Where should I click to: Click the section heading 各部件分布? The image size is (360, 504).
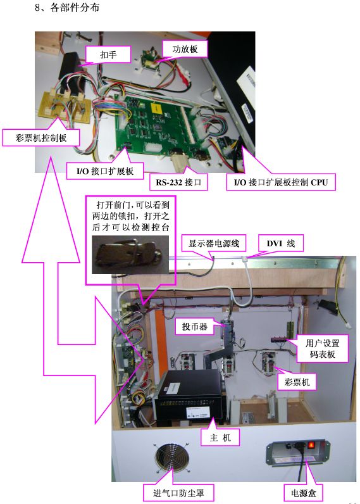(x=75, y=8)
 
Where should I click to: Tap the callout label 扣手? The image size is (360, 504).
(x=108, y=54)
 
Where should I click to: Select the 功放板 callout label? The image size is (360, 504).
(x=185, y=49)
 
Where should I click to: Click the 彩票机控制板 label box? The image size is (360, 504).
(x=40, y=138)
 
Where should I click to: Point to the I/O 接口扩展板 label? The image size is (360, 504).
(x=105, y=171)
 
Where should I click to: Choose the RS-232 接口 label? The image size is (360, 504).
(x=178, y=182)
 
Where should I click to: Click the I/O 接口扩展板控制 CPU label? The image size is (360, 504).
(x=281, y=182)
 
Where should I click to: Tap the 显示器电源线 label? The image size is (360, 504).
(x=214, y=243)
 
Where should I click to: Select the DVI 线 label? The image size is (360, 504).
(x=281, y=243)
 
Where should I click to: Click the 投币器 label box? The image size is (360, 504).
(x=195, y=327)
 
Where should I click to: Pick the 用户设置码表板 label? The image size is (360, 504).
(x=323, y=349)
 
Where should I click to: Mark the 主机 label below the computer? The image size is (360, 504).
(x=220, y=438)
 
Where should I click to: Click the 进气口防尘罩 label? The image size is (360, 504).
(x=178, y=493)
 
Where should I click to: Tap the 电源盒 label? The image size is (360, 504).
(x=304, y=493)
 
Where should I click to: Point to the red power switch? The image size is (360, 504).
(x=311, y=445)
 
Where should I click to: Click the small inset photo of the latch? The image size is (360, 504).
(x=130, y=255)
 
